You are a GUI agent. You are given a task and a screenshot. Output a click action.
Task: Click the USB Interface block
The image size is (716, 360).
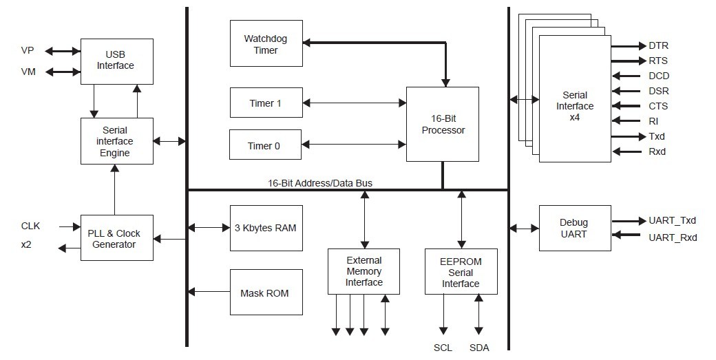pyautogui.click(x=117, y=61)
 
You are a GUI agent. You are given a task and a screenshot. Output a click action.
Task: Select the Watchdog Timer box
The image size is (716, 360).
pyautogui.click(x=266, y=43)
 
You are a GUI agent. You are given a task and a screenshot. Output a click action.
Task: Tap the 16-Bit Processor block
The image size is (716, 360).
pyautogui.click(x=443, y=124)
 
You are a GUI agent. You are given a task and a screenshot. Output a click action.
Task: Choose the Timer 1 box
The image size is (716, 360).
pyautogui.click(x=266, y=103)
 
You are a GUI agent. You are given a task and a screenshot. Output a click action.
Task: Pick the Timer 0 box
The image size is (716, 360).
pyautogui.click(x=265, y=145)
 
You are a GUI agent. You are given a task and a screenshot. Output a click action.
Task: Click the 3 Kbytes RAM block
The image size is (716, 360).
pyautogui.click(x=266, y=228)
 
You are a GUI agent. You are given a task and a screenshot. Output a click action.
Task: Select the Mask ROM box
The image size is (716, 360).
pyautogui.click(x=266, y=292)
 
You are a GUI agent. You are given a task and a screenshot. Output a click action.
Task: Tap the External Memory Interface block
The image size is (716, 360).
pyautogui.click(x=364, y=271)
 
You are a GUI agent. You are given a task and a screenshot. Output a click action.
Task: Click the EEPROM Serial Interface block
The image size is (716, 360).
pyautogui.click(x=461, y=271)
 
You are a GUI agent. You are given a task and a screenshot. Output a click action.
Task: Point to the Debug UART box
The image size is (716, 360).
pyautogui.click(x=575, y=228)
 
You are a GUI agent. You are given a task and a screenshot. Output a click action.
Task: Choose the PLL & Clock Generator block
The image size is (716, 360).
pyautogui.click(x=117, y=237)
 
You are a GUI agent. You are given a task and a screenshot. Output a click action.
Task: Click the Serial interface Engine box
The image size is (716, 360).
pyautogui.click(x=117, y=141)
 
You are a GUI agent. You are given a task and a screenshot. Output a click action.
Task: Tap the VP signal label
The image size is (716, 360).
pyautogui.click(x=28, y=50)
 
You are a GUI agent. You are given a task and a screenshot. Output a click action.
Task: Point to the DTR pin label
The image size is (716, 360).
pyautogui.click(x=658, y=45)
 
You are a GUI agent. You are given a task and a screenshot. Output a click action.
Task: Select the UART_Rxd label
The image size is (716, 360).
pyautogui.click(x=673, y=237)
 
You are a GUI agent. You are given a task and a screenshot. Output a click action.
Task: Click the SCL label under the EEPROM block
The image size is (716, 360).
pyautogui.click(x=443, y=348)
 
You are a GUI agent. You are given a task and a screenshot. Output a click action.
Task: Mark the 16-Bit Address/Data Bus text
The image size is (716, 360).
pyautogui.click(x=320, y=183)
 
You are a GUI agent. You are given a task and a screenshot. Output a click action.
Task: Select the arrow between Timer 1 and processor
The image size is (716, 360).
pyautogui.click(x=355, y=103)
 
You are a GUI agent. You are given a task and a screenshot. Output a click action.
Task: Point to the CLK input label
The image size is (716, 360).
pyautogui.click(x=30, y=226)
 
